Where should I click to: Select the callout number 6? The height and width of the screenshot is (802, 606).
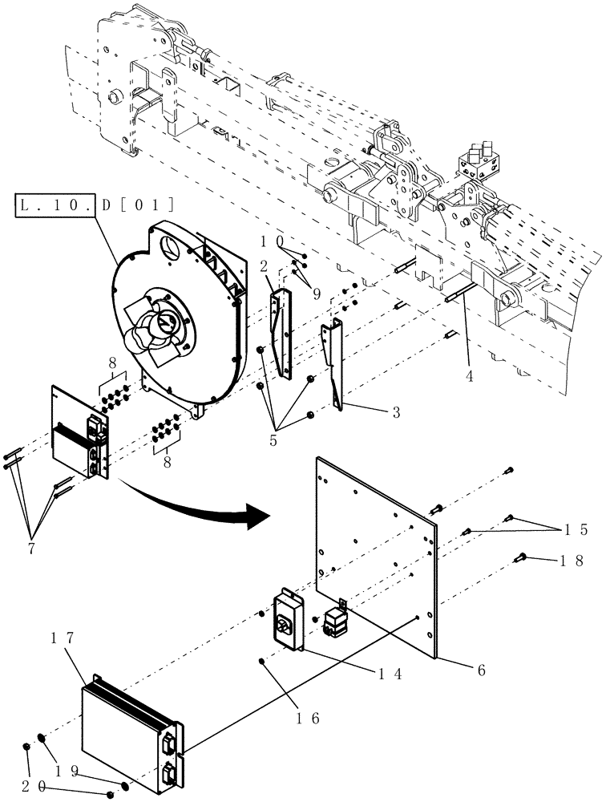[480, 669]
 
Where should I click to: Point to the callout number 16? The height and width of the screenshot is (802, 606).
[310, 718]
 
